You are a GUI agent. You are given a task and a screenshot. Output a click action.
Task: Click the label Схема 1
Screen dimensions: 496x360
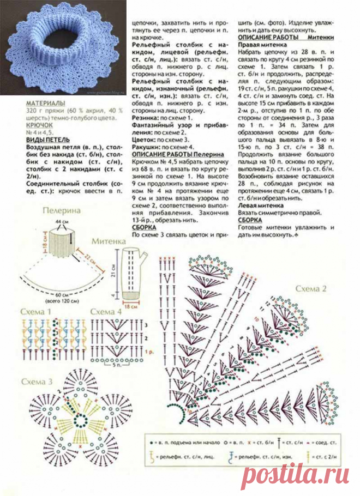36,311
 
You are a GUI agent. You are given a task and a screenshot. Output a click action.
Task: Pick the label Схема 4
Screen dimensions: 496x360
106,311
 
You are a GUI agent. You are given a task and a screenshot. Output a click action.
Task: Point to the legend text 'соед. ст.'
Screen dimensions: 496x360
329,438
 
